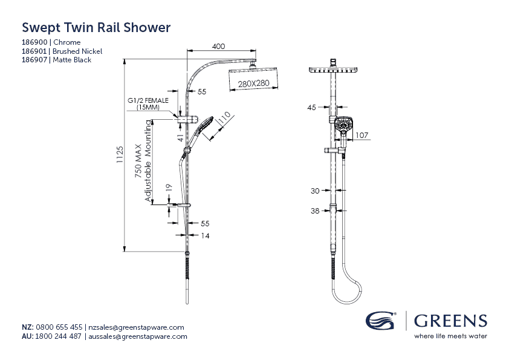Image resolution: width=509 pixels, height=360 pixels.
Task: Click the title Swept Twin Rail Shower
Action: [96, 28]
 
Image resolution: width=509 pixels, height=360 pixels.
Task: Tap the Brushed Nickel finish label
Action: [77, 51]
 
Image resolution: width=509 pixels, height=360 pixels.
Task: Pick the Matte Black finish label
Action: [73, 61]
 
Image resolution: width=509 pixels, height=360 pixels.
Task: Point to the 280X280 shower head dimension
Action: [253, 83]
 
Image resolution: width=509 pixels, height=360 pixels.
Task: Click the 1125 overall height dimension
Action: [120, 154]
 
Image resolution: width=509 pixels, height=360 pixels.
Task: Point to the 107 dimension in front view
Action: [361, 135]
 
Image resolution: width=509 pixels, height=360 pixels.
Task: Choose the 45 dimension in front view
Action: [312, 108]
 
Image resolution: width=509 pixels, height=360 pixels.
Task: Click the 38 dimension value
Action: [314, 211]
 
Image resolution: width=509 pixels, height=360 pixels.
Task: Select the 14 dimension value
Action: [205, 236]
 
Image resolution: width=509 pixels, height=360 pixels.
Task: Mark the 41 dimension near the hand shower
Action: [180, 137]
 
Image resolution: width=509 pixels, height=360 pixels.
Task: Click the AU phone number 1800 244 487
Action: [59, 336]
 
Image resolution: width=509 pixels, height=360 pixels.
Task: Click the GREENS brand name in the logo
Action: [450, 320]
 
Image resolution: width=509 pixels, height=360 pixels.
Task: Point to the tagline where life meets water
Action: [450, 336]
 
